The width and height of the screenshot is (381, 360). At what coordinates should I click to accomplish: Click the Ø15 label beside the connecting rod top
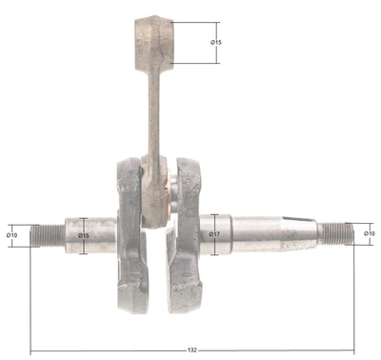pyautogui.click(x=216, y=43)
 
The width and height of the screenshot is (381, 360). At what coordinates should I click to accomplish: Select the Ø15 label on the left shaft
pyautogui.click(x=84, y=235)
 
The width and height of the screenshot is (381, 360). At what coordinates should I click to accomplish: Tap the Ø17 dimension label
pyautogui.click(x=215, y=234)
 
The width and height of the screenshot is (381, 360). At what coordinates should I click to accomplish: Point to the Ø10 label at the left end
pyautogui.click(x=12, y=234)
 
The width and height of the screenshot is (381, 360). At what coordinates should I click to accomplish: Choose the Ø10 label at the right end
pyautogui.click(x=370, y=233)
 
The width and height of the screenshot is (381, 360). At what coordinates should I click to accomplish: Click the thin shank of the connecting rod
pyautogui.click(x=153, y=114)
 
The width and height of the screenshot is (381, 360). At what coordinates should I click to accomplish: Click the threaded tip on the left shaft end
pyautogui.click(x=46, y=234)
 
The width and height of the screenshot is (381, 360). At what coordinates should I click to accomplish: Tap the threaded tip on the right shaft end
pyautogui.click(x=333, y=232)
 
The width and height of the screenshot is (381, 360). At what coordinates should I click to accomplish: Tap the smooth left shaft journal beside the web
pyautogui.click(x=95, y=234)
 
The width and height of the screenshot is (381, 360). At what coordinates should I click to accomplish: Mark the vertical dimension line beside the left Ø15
pyautogui.click(x=84, y=248)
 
